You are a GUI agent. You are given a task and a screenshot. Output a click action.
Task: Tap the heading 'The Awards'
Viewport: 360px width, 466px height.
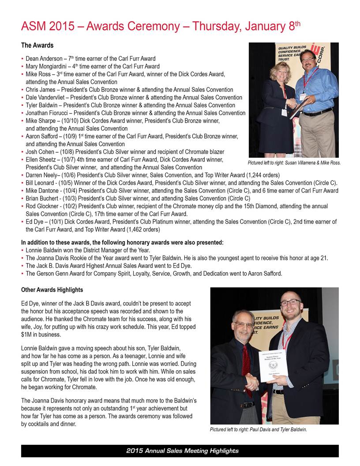click(37, 45)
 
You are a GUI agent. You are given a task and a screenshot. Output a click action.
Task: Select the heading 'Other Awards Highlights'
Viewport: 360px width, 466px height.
click(52, 290)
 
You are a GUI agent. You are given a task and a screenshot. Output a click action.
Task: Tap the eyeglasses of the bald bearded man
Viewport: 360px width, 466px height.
click(290, 303)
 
